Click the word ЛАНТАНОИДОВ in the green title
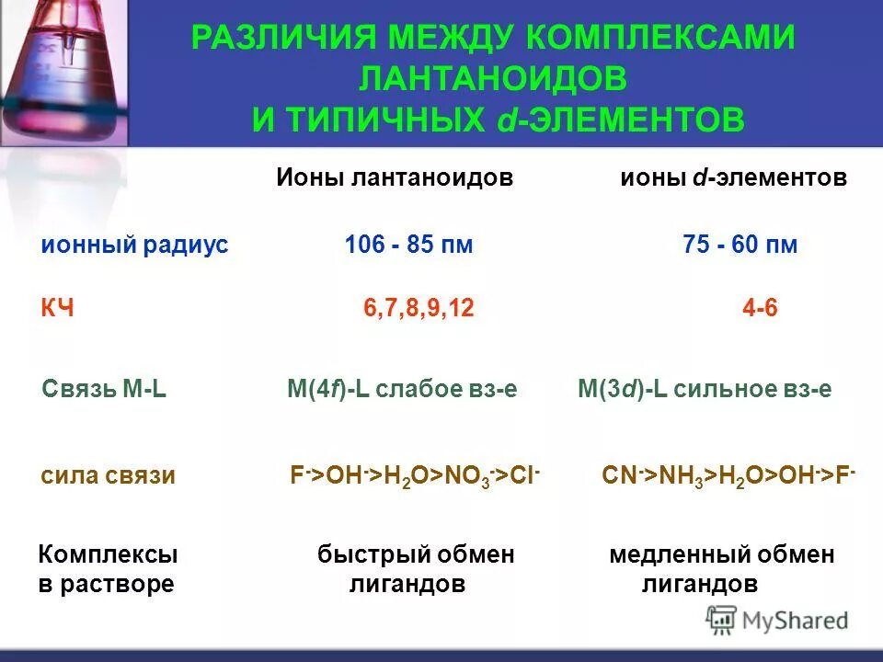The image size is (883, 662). [493, 78]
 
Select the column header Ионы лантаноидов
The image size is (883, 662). [394, 177]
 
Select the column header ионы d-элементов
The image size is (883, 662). [733, 177]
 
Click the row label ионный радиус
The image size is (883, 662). [134, 245]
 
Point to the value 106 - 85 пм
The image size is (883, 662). [408, 245]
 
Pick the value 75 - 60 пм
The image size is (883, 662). [740, 245]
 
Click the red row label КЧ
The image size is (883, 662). [57, 309]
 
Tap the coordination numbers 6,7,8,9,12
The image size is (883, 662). [419, 309]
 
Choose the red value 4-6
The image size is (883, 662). [760, 309]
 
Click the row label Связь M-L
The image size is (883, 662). [104, 389]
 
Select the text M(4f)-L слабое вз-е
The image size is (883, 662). [402, 389]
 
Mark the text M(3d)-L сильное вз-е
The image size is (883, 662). [705, 389]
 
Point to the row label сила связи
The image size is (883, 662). [108, 475]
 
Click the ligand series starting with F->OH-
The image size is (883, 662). [415, 475]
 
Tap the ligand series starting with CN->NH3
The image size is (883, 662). [728, 475]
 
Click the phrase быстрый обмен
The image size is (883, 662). [416, 554]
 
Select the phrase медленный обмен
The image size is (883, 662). [722, 554]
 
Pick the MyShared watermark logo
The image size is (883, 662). [776, 620]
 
